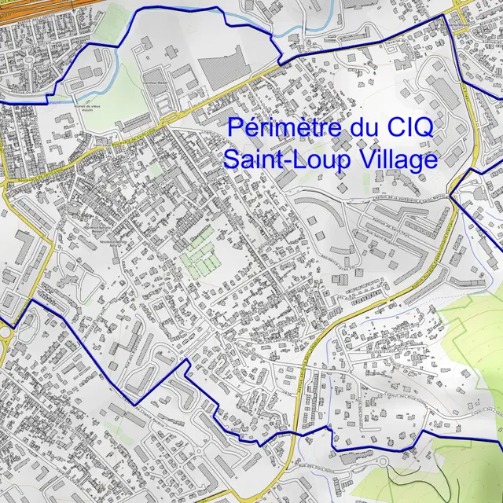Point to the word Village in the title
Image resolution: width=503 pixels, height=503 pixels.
click(397, 159)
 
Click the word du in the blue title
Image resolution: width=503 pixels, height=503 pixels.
click(355, 127)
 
